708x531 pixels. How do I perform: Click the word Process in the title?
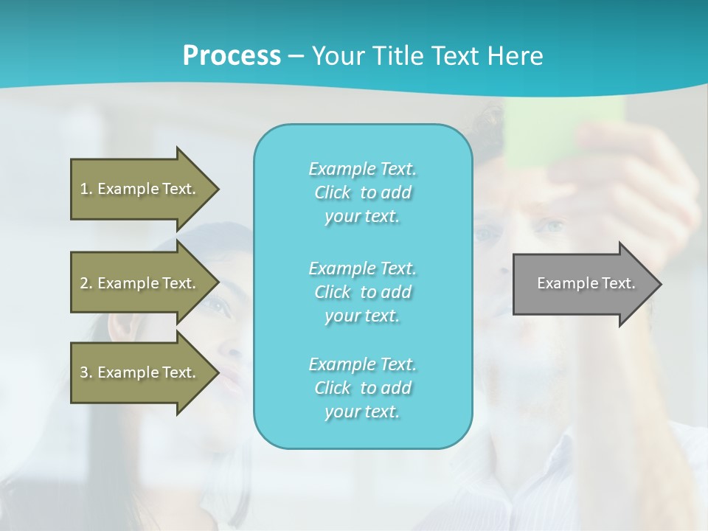[232, 55]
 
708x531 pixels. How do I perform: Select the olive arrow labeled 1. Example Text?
[140, 189]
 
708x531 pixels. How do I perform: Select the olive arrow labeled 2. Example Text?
[140, 283]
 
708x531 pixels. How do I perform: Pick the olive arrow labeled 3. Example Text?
[140, 372]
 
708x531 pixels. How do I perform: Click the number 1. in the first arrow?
[86, 189]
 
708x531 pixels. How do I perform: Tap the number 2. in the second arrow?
[86, 283]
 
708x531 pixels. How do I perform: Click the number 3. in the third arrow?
[86, 372]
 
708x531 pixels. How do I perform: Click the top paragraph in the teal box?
[362, 192]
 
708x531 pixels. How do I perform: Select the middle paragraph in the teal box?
[362, 292]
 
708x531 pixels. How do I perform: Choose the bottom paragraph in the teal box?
[362, 388]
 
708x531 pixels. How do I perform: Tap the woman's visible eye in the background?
[213, 303]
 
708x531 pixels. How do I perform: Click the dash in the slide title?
[296, 56]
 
